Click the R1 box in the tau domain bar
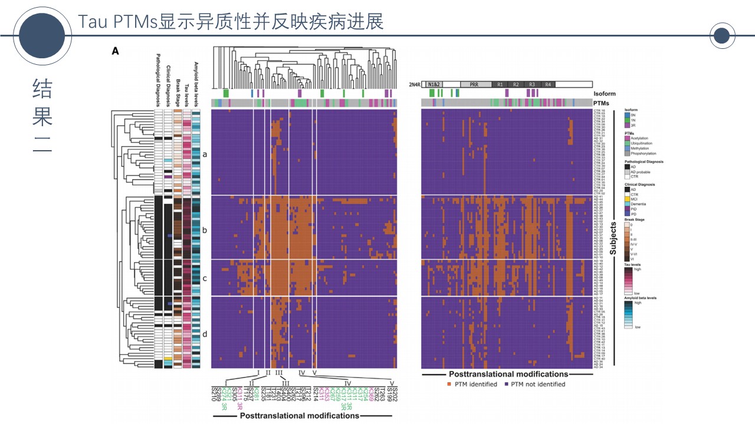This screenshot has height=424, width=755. coord(500,85)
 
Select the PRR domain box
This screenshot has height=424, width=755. coord(474,85)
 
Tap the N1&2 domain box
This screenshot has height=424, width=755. coord(434,85)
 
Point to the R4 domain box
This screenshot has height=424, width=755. coord(548,85)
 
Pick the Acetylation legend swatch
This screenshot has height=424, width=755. coord(627,137)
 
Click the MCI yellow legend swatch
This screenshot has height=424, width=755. coord(627,198)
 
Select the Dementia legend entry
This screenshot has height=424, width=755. coord(639,203)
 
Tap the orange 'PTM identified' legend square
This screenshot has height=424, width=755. coord(449,384)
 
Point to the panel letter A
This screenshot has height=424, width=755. coord(116,51)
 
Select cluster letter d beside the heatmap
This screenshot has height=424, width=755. coord(205,334)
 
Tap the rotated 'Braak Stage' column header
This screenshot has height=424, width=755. coord(178,91)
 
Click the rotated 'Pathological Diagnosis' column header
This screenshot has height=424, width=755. coord(157,81)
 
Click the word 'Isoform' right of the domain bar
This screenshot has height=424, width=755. coord(604,94)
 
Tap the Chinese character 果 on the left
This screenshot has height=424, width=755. coord(42,116)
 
